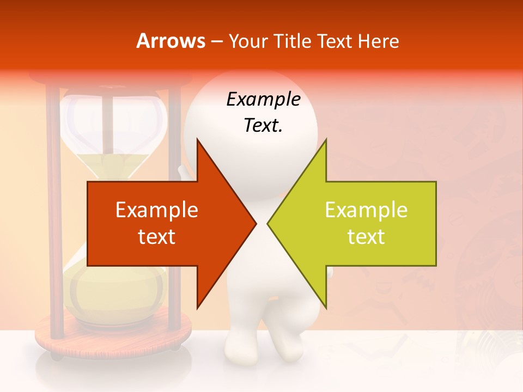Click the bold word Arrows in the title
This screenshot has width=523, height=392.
(x=171, y=41)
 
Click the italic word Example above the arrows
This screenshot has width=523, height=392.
(x=263, y=100)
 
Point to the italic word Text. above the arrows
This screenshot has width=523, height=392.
(x=263, y=125)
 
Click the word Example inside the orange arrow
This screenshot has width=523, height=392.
(x=157, y=210)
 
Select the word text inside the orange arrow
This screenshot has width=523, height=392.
(x=157, y=236)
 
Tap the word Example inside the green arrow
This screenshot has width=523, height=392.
(x=366, y=210)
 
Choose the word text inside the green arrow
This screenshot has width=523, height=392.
(x=366, y=236)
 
